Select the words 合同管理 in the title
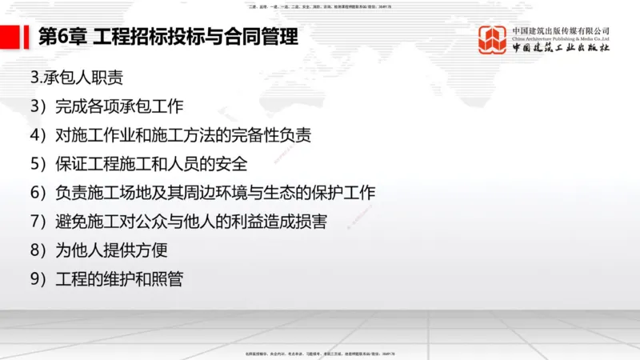click(x=264, y=36)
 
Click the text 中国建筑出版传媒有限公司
click(x=561, y=30)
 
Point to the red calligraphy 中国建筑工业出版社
click(x=561, y=50)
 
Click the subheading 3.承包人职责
click(x=75, y=78)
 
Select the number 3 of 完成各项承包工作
click(x=34, y=106)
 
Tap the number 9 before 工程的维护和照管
click(x=34, y=278)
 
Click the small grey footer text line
click(x=320, y=353)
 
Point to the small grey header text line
click(x=320, y=6)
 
